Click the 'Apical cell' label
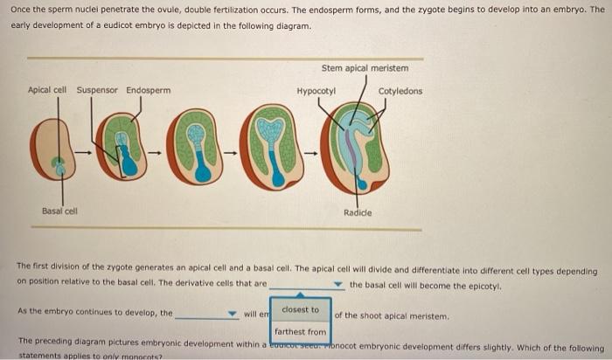(47, 90)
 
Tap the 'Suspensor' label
(97, 90)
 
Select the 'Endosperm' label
(148, 90)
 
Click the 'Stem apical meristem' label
(365, 68)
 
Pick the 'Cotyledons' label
(400, 91)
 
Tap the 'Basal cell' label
(59, 211)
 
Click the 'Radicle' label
(358, 213)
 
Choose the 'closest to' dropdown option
(301, 309)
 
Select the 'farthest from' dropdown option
(301, 332)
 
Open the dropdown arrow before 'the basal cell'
(338, 285)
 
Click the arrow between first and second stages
(84, 152)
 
